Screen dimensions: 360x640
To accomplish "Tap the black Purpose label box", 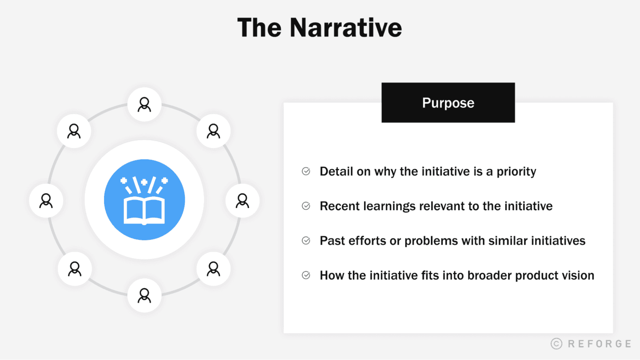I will click(x=448, y=103).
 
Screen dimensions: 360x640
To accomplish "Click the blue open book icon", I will click(x=144, y=200).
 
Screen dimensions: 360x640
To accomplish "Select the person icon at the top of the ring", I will click(x=144, y=105).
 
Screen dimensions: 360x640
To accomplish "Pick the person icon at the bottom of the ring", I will click(x=144, y=295).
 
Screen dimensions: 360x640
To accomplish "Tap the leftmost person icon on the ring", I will click(x=46, y=200).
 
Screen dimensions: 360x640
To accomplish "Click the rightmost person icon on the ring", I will click(x=242, y=200).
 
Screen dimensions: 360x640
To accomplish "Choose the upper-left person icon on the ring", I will click(x=74, y=131).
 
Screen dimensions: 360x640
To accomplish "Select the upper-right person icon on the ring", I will click(x=213, y=131).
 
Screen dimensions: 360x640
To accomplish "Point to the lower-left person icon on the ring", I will click(x=75, y=269).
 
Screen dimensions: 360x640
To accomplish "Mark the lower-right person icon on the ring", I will click(x=213, y=269).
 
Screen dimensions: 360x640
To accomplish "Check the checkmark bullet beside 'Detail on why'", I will click(x=306, y=171).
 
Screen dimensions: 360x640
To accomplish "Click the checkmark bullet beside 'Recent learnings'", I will click(x=306, y=206).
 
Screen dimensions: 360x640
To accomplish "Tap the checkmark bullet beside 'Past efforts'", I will click(x=306, y=241).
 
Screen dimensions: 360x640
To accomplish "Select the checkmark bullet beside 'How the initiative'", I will click(x=306, y=275).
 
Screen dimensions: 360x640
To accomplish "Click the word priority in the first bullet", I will click(x=516, y=172).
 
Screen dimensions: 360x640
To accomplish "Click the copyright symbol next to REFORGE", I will click(x=556, y=344).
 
